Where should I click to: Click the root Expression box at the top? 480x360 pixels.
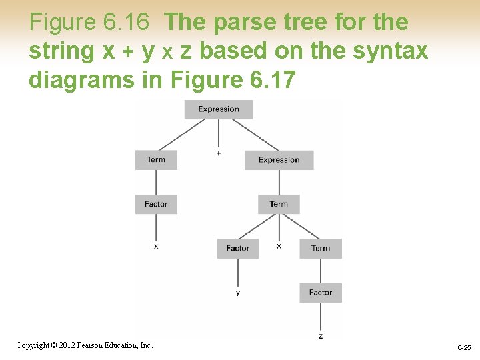click(219, 109)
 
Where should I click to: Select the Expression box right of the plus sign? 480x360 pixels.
click(279, 160)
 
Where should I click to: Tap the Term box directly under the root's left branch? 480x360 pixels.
click(156, 160)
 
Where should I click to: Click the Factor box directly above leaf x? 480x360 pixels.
click(156, 204)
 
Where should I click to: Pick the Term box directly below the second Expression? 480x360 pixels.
click(279, 204)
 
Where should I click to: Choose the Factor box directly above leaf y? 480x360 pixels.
click(238, 248)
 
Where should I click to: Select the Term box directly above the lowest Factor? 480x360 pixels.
click(321, 248)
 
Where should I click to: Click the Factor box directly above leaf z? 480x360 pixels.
click(321, 293)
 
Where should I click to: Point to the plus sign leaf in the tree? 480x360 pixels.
click(219, 154)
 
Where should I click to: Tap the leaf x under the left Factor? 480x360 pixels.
click(156, 247)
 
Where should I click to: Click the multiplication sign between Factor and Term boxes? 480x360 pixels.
click(279, 246)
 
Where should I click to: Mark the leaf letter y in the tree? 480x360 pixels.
click(238, 293)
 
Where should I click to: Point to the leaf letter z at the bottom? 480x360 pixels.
click(321, 336)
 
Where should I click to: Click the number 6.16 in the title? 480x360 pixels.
click(127, 23)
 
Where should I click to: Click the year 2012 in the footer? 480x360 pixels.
click(65, 345)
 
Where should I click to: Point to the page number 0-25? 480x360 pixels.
click(464, 348)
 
